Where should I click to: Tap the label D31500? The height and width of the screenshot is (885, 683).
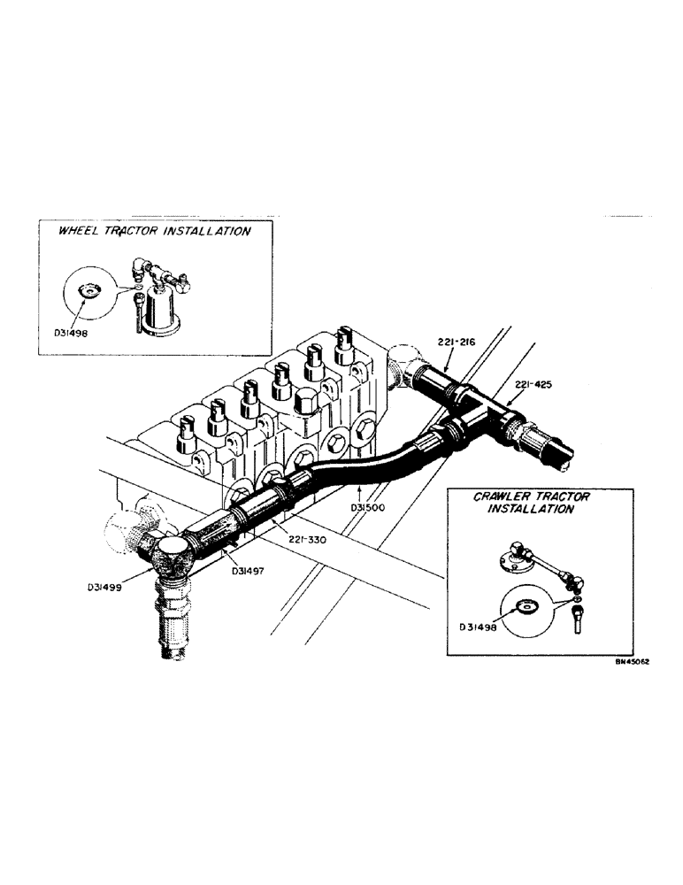(365, 508)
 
